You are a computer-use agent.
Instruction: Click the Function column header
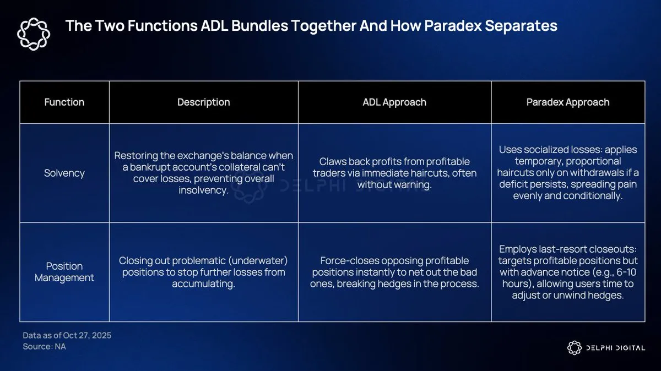64,102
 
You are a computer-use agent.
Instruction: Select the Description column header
203,102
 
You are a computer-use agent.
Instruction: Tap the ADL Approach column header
394,102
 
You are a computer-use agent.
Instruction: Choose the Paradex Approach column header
568,102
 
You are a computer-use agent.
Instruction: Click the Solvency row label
64,173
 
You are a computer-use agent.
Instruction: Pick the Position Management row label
64,272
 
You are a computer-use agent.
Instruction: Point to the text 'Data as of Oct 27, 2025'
67,335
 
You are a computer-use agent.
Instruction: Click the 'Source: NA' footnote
44,347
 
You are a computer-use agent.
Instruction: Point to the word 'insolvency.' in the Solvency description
204,190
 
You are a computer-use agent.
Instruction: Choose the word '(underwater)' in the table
260,260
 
